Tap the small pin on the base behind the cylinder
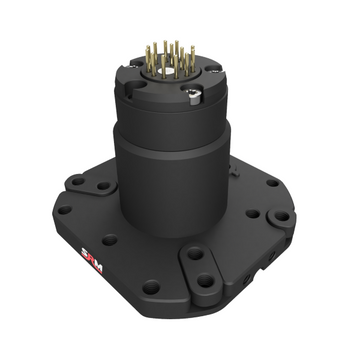[232, 162]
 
